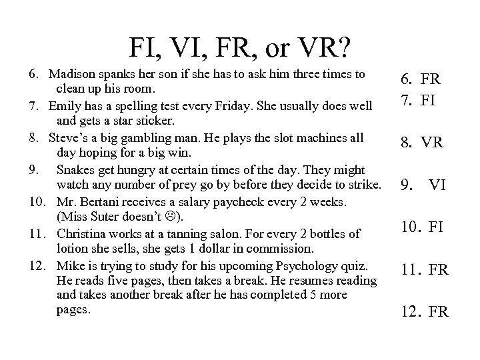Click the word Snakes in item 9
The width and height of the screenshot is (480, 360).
(x=75, y=168)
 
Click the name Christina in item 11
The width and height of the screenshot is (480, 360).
(x=82, y=234)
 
